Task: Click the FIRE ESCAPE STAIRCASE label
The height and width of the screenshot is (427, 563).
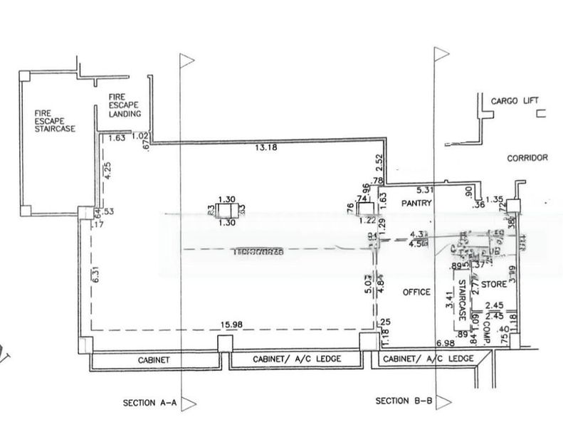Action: (x=54, y=121)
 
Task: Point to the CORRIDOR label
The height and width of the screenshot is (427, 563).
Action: (x=527, y=157)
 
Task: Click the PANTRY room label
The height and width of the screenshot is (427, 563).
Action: (x=417, y=203)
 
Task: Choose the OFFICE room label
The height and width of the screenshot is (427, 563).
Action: (x=416, y=292)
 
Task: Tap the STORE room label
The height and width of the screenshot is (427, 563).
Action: (x=493, y=285)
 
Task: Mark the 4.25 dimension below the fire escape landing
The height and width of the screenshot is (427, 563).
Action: (x=107, y=174)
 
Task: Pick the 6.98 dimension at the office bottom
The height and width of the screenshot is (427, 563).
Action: (x=445, y=344)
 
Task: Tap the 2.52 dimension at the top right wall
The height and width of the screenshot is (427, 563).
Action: (x=379, y=162)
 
